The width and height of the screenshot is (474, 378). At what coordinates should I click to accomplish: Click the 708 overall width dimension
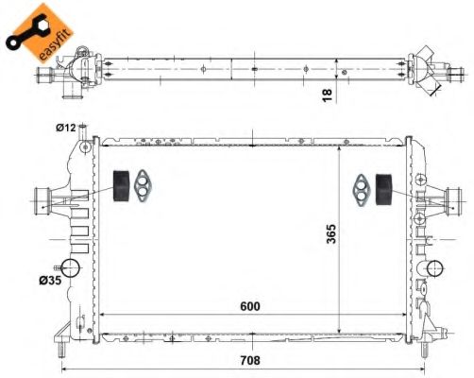[x=250, y=360]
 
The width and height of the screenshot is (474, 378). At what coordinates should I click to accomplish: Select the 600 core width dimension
[x=250, y=306]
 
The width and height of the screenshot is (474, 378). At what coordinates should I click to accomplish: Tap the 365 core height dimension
[x=331, y=233]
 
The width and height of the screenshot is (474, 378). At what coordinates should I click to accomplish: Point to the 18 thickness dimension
[x=328, y=94]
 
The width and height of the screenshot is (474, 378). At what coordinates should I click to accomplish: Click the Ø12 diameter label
[x=66, y=128]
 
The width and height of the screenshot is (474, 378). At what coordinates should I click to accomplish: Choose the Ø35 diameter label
[x=50, y=280]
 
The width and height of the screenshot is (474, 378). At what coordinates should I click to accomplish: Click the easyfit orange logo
[x=40, y=32]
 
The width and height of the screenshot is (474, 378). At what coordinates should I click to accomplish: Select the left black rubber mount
[x=121, y=186]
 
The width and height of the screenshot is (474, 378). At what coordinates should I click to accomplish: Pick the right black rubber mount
[x=383, y=189]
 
